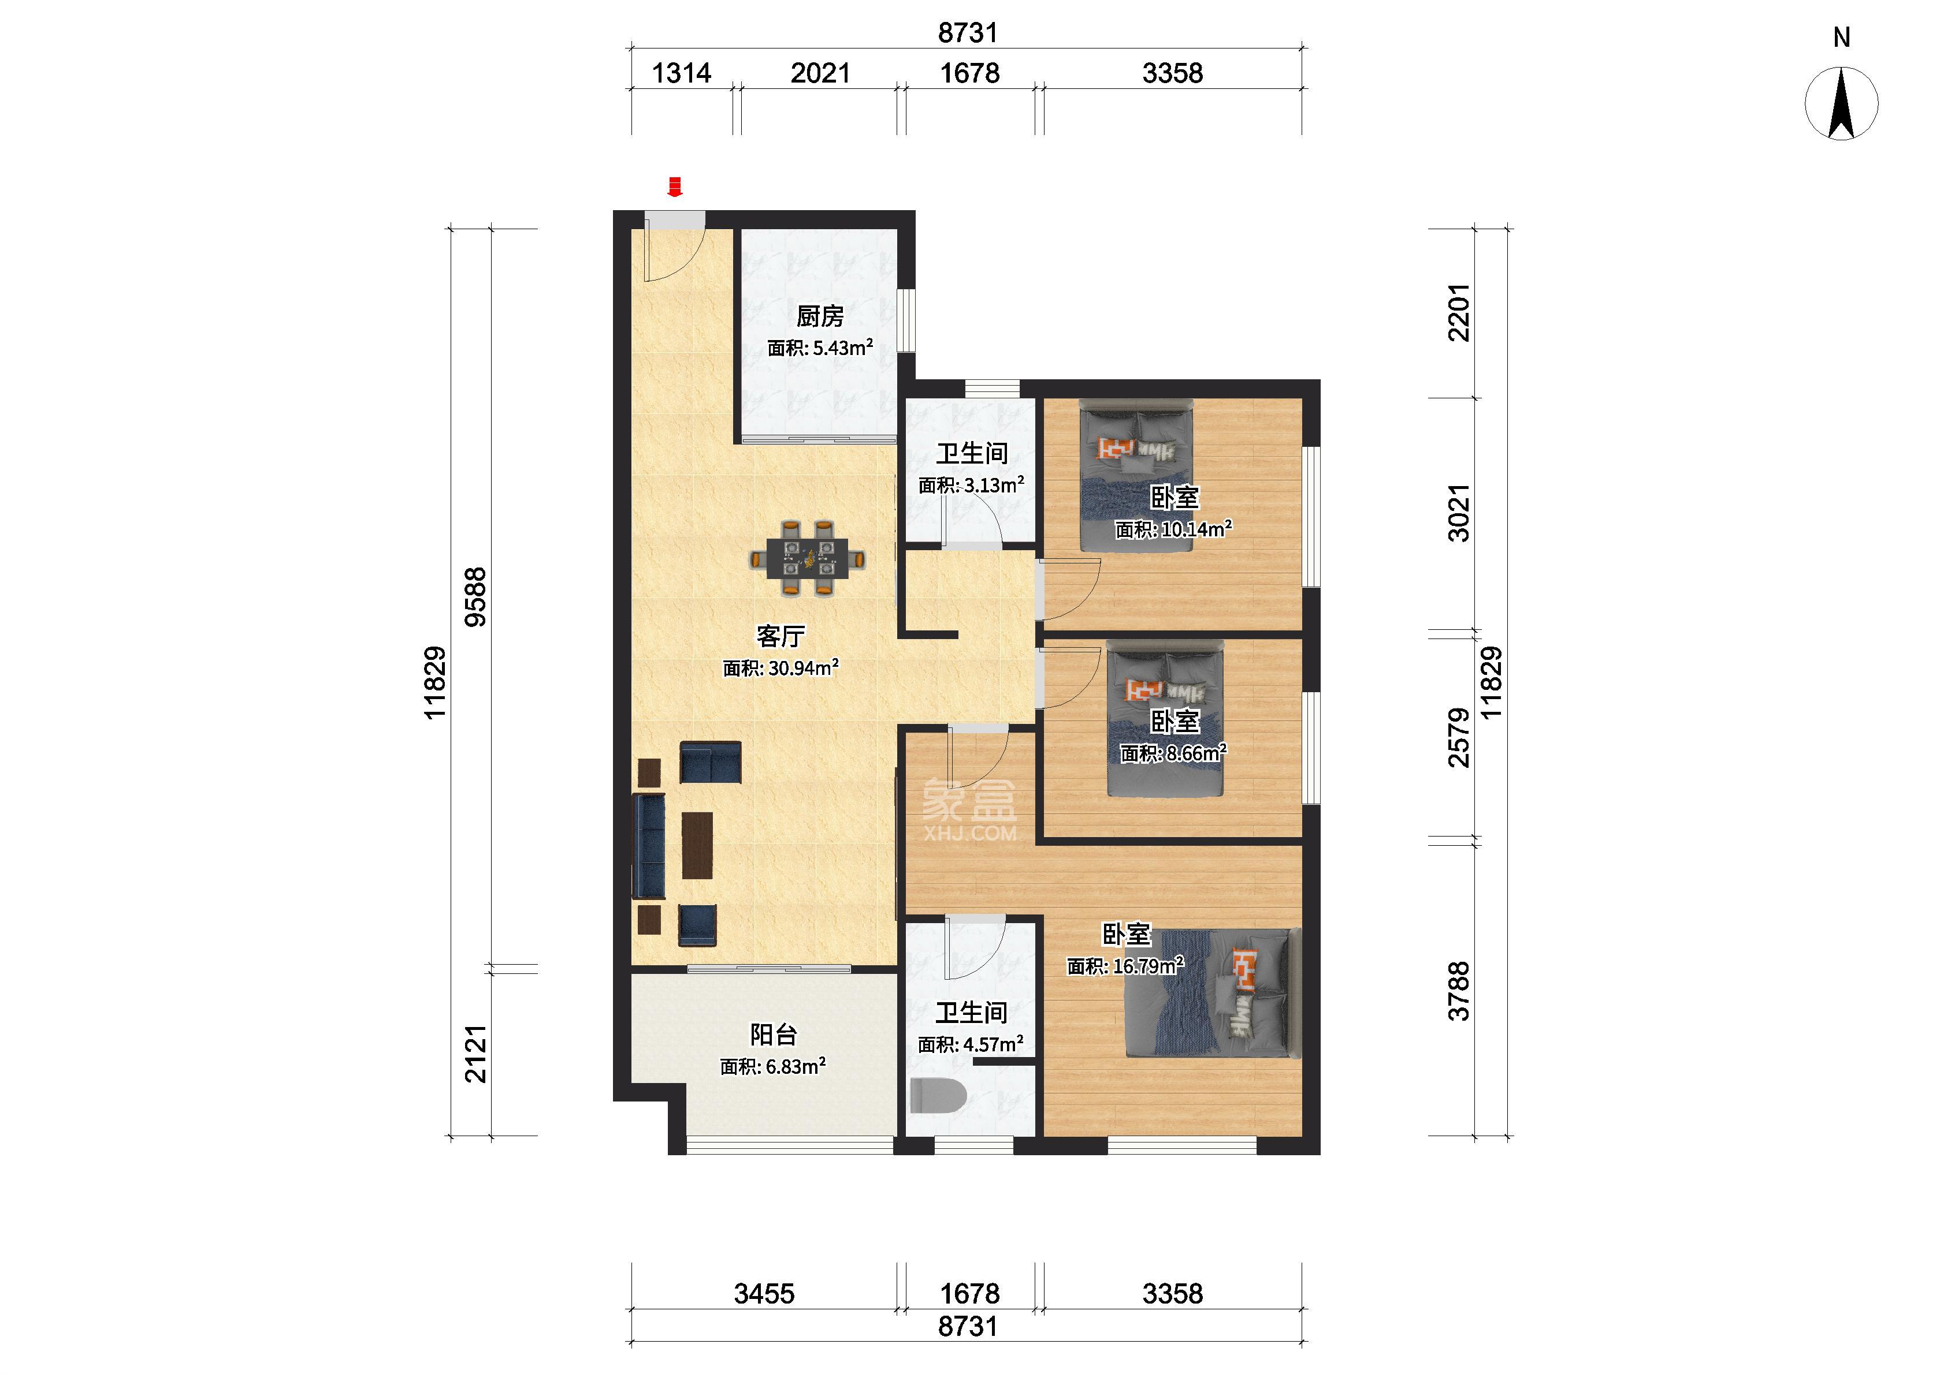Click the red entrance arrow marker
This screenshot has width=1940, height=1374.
coord(675,186)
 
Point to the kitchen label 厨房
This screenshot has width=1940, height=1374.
coord(820,316)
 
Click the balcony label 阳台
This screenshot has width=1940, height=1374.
coord(774,1035)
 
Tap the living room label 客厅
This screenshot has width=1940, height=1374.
coord(781,636)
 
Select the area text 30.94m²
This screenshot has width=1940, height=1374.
coord(803,667)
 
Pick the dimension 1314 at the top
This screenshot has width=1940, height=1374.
coord(681,74)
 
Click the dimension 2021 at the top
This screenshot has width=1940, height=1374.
coord(820,74)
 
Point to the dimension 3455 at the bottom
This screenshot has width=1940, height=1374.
coord(764,1294)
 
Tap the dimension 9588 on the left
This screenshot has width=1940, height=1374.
coord(477,596)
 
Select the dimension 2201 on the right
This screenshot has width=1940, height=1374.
coord(1459,312)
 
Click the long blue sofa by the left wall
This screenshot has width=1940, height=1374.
coord(649,845)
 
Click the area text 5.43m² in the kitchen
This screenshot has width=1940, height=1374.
coord(843,348)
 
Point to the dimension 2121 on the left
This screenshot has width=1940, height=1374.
coord(477,1054)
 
